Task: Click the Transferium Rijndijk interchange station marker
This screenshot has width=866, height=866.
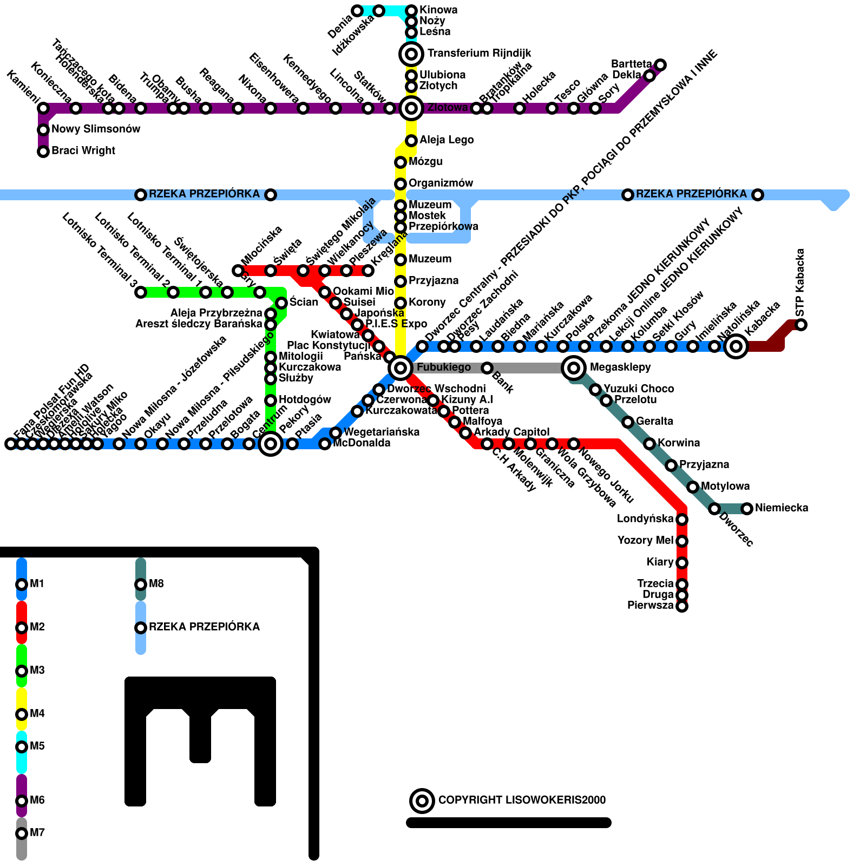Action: pos(411,54)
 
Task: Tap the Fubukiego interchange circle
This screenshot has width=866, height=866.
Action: pos(401,368)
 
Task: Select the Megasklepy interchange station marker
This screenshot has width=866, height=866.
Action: pos(574,368)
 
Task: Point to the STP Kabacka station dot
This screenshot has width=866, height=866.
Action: pos(801,325)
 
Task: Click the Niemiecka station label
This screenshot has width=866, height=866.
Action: pos(782,508)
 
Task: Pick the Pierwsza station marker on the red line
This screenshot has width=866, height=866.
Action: pos(682,606)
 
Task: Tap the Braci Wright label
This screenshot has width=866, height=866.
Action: pos(83,150)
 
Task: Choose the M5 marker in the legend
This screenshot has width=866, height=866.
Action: pos(22,747)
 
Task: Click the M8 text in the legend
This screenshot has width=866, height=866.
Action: pos(156,583)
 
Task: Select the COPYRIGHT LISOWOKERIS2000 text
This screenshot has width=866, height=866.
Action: pos(522,800)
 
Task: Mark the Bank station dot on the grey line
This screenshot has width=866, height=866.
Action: pos(487,368)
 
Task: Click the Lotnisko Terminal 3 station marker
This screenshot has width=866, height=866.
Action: pos(141,292)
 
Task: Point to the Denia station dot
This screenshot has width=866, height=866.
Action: pos(357,11)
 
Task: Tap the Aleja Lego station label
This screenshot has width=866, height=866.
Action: pos(447,140)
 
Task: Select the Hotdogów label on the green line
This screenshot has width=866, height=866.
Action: pos(305,399)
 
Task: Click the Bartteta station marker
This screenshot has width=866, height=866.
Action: pos(660,65)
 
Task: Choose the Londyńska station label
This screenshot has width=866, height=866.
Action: pos(645,519)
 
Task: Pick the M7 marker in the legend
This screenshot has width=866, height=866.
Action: pos(22,834)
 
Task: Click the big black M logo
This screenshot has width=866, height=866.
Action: pos(200,742)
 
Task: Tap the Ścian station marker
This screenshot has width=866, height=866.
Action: pos(281,303)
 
